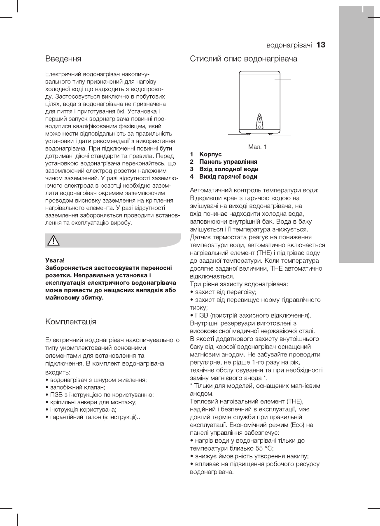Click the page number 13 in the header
click(321, 45)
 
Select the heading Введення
click(63, 59)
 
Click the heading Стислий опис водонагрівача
click(243, 59)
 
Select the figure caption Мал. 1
click(257, 146)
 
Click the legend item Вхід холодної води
click(228, 169)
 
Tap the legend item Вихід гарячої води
click(228, 177)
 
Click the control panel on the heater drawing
click(259, 122)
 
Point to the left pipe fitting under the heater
click(247, 134)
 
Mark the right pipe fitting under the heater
click(271, 134)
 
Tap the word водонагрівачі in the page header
click(289, 45)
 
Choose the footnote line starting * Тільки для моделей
click(255, 386)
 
